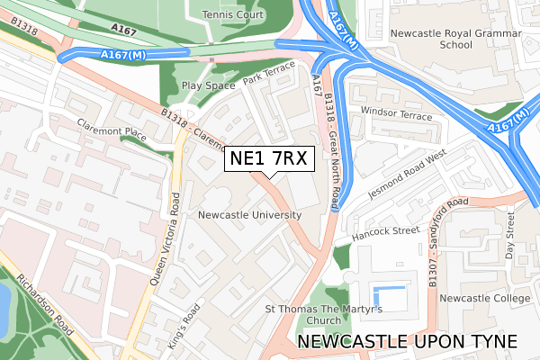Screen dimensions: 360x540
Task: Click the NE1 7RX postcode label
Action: pyautogui.click(x=268, y=159)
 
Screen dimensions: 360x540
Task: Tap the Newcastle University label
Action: pyautogui.click(x=249, y=216)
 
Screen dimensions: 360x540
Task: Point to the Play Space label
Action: pyautogui.click(x=208, y=85)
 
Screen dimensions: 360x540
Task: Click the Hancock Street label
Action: pyautogui.click(x=387, y=231)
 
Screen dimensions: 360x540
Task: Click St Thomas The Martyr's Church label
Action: pyautogui.click(x=324, y=314)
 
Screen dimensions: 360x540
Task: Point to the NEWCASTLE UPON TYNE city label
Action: pyautogui.click(x=406, y=343)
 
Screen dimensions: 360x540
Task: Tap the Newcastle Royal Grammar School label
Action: pyautogui.click(x=445, y=40)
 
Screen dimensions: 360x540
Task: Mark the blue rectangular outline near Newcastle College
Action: pyautogui.click(x=388, y=299)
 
